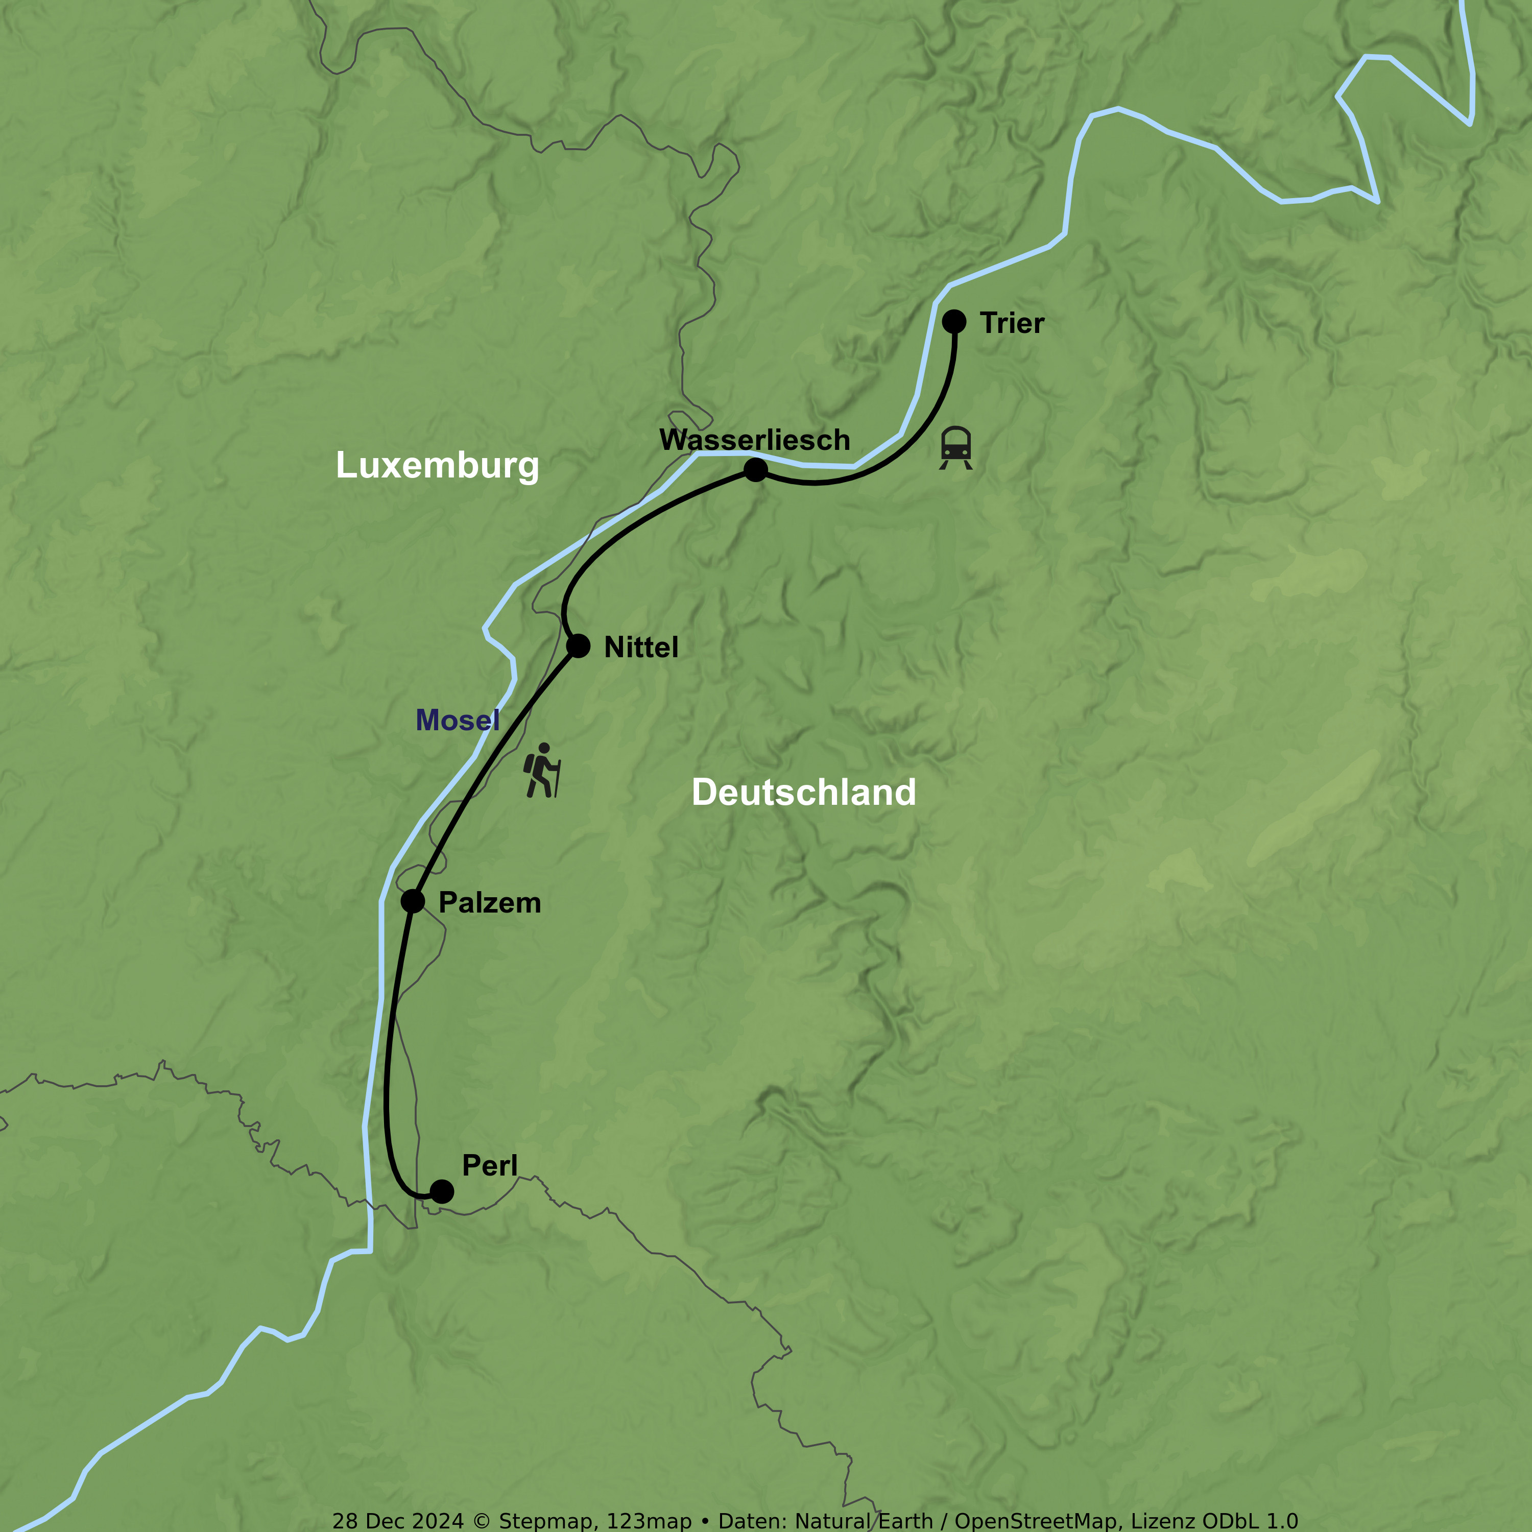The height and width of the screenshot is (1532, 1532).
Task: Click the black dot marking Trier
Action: [954, 321]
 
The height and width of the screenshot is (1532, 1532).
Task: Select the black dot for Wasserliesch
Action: [756, 470]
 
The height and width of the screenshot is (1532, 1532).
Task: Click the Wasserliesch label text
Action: [754, 440]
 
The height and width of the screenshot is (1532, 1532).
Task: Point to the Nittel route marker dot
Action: [578, 647]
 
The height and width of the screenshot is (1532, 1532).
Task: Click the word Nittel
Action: [641, 648]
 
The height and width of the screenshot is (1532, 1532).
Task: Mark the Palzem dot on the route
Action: [412, 901]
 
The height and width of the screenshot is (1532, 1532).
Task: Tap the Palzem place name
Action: [489, 903]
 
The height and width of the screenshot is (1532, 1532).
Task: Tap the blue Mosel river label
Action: [458, 720]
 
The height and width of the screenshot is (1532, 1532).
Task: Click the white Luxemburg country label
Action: [437, 465]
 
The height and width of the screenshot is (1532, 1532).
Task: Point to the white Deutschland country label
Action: [803, 792]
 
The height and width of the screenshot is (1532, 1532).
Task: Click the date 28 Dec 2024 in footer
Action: [398, 1521]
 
